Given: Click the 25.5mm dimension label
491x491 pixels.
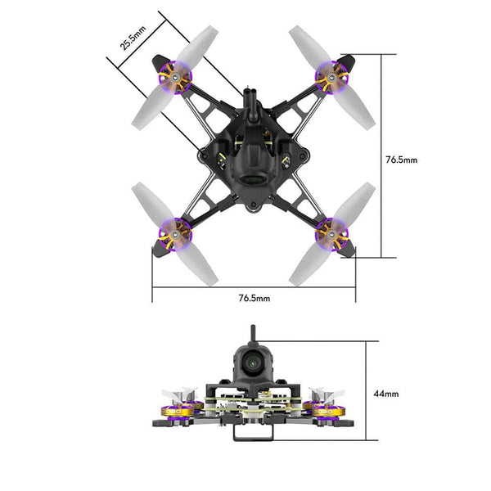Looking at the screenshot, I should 133,38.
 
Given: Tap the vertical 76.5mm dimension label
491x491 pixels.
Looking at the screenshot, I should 401,160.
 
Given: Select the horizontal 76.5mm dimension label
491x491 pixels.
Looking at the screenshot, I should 254,300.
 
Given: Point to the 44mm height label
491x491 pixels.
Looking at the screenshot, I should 386,394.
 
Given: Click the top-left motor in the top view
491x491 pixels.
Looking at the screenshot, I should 175,79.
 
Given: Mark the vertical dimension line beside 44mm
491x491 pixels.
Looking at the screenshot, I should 364,394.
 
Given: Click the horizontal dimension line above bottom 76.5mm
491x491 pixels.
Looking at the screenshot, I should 254,287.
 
